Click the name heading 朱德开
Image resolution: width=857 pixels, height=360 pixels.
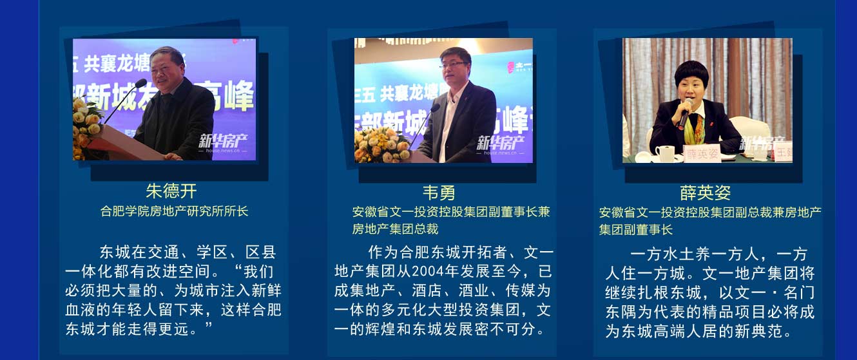171,191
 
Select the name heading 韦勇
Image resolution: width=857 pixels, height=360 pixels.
439,193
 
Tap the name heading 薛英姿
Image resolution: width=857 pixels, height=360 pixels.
705,193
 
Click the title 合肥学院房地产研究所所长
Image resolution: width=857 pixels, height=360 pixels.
174,211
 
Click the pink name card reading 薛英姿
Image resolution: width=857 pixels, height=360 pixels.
702,154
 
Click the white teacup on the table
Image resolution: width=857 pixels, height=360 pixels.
664,153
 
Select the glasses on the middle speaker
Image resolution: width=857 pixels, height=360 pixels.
453,64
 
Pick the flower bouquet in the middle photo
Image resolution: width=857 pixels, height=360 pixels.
383,146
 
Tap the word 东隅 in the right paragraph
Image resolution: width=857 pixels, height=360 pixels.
621,312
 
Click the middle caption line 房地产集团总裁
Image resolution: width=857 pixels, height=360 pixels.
395,229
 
